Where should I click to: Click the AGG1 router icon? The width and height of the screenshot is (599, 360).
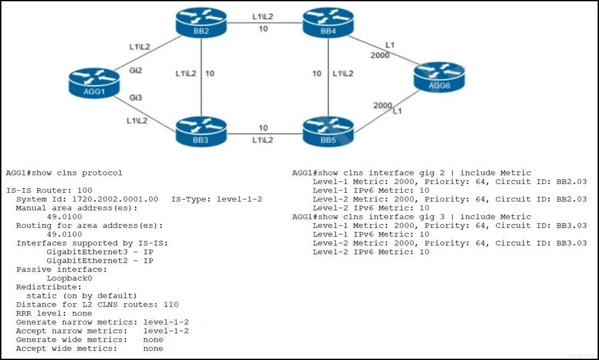(x=94, y=83)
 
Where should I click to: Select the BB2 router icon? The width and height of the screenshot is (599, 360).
(x=201, y=23)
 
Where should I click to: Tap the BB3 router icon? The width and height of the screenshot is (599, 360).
(x=201, y=132)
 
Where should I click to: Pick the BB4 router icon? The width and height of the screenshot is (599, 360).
(x=328, y=23)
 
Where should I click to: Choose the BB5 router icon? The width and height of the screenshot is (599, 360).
(x=328, y=132)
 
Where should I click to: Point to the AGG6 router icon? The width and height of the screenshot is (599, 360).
(x=440, y=77)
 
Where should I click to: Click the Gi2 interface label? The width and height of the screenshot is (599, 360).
(x=135, y=70)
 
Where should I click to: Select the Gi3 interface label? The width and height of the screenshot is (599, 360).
(x=135, y=97)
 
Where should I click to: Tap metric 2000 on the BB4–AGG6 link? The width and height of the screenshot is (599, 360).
(x=379, y=55)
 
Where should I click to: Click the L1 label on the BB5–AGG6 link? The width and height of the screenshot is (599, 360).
(x=398, y=111)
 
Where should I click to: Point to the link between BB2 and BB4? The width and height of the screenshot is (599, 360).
(x=265, y=22)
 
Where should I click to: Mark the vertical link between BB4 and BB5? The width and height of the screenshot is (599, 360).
(x=328, y=77)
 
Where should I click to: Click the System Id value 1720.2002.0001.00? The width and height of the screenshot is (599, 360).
(x=115, y=199)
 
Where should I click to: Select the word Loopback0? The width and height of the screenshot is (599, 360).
(x=69, y=278)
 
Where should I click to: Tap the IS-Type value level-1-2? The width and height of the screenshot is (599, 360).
(x=240, y=199)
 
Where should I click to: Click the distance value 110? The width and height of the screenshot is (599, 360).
(x=171, y=305)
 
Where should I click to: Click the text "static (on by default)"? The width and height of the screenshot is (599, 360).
(x=81, y=296)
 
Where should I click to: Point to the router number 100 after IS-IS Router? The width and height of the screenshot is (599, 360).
(x=85, y=190)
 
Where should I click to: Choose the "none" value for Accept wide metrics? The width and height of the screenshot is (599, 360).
(x=153, y=349)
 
